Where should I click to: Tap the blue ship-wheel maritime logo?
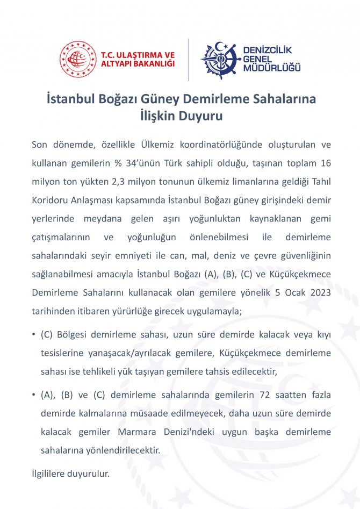click(x=219, y=60)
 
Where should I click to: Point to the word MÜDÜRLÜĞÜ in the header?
click(x=272, y=68)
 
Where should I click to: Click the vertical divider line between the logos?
click(x=188, y=59)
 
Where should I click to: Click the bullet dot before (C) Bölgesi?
click(x=34, y=335)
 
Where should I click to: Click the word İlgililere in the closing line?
click(x=49, y=474)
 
